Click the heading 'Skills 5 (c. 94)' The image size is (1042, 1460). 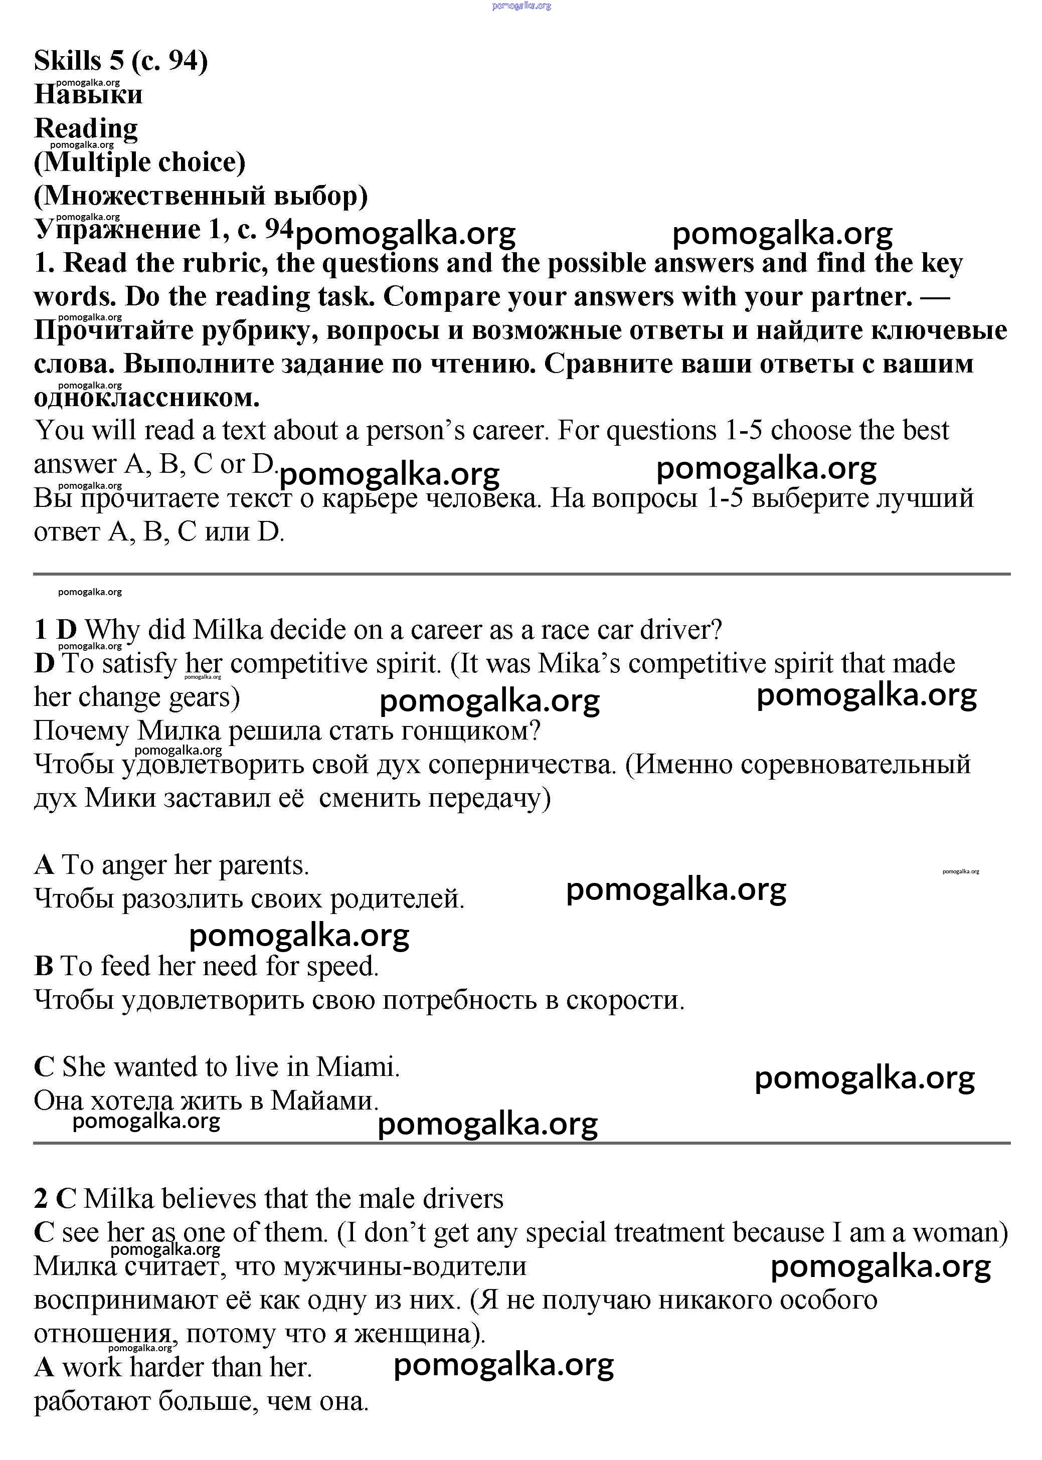[121, 61]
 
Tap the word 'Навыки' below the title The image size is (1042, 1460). [89, 94]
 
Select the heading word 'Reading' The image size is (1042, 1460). [85, 128]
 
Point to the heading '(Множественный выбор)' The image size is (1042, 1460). [200, 196]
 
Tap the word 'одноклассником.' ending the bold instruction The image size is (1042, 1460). [146, 398]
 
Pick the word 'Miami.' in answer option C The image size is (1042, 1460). [358, 1067]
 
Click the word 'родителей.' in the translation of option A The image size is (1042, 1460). [397, 898]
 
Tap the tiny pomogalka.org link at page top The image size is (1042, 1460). [521, 6]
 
